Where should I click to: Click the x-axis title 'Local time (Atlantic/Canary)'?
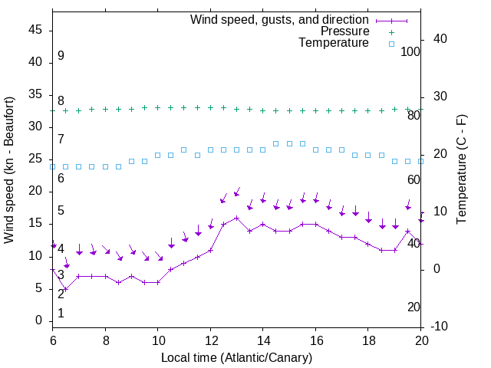tap(236, 357)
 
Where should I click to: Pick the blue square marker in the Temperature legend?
tap(391, 44)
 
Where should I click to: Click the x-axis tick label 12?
tap(210, 340)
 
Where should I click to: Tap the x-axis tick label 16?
tap(315, 340)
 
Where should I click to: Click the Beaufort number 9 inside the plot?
tap(61, 56)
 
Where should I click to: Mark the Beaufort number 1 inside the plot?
tap(61, 313)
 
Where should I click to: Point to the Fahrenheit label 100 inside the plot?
tap(410, 51)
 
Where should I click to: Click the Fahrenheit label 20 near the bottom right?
tap(414, 307)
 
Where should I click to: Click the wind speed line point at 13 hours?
tap(236, 218)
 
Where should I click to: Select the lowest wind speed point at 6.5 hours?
tap(66, 289)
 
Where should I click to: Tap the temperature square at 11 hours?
tap(184, 149)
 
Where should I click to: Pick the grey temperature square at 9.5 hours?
tap(144, 161)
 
